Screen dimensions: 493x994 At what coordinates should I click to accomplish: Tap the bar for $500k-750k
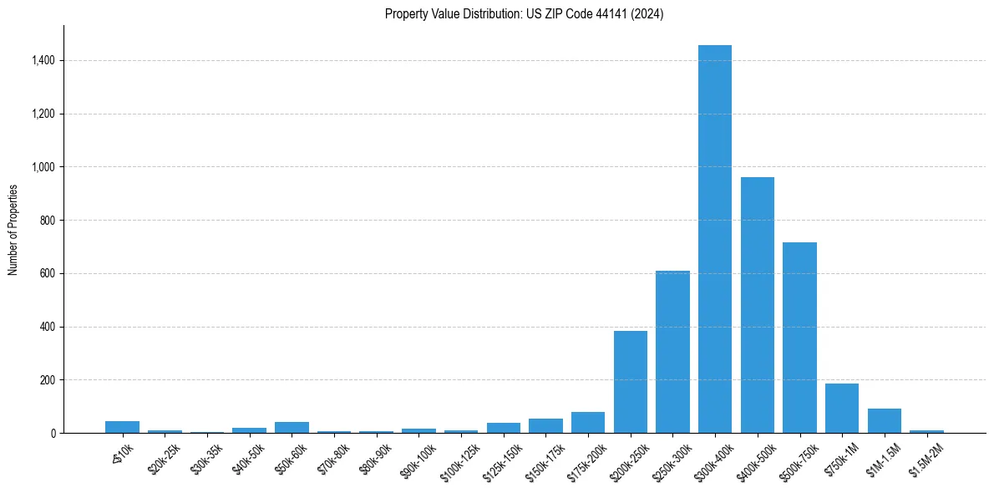click(x=799, y=338)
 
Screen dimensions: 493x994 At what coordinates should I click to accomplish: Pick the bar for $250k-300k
click(x=672, y=352)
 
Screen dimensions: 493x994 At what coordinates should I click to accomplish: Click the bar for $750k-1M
click(x=842, y=409)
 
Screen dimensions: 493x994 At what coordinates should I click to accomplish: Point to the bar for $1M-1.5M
click(x=884, y=421)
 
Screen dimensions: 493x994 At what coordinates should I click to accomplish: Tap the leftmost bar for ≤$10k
click(x=122, y=427)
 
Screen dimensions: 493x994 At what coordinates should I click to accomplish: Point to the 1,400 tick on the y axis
click(x=43, y=60)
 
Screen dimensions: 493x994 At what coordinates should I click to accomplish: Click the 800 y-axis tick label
click(x=48, y=221)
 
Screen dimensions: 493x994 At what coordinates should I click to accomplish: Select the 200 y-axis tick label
click(x=48, y=380)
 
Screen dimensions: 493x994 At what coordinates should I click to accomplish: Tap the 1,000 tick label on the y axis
click(x=43, y=167)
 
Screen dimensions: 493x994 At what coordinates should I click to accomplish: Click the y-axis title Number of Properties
click(x=13, y=229)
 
